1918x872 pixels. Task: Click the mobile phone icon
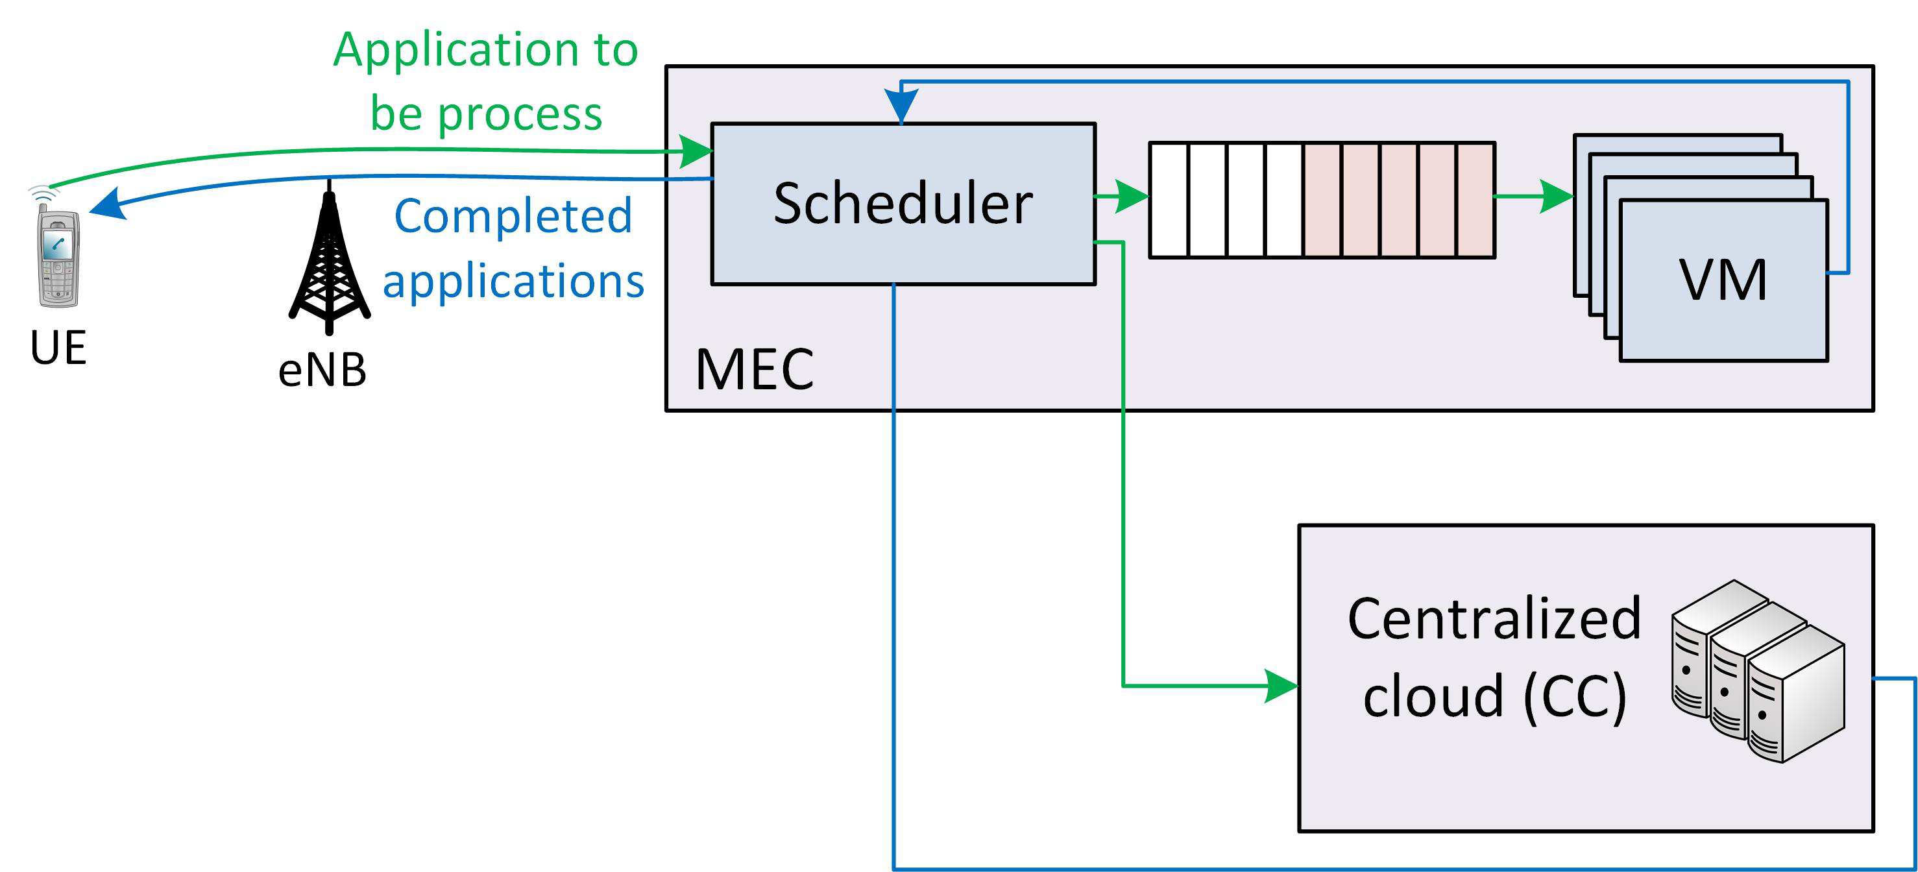click(x=59, y=257)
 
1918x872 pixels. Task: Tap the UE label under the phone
click(x=58, y=348)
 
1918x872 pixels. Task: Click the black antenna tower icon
click(x=329, y=264)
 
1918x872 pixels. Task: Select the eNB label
click(x=322, y=370)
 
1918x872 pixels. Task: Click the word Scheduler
click(x=903, y=203)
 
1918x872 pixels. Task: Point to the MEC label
click(x=754, y=369)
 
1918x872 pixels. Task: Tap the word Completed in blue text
click(x=513, y=217)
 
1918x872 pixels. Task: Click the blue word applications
click(x=513, y=281)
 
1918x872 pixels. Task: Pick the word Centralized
click(x=1494, y=619)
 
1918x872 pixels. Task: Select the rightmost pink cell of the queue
click(x=1475, y=200)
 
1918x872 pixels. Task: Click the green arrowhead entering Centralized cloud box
click(x=1281, y=686)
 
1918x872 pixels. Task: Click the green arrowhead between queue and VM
click(x=1556, y=197)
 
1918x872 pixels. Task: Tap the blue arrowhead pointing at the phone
click(x=106, y=205)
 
